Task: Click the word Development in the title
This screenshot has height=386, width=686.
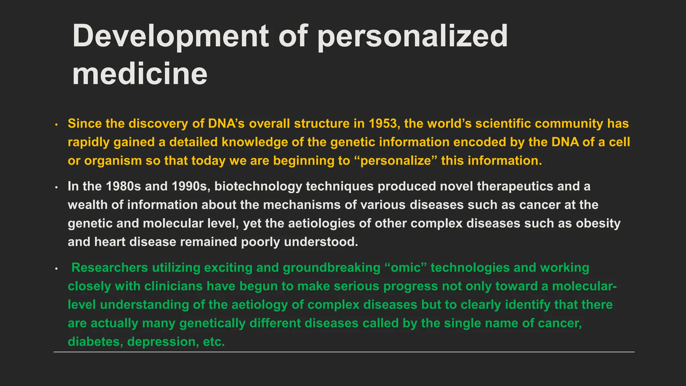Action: coord(170,36)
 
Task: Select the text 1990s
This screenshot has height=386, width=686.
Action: coord(191,186)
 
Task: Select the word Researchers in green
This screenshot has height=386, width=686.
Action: coord(110,268)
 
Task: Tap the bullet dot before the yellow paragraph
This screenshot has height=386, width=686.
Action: coord(57,125)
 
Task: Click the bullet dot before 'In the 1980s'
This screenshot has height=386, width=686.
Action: coord(57,187)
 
